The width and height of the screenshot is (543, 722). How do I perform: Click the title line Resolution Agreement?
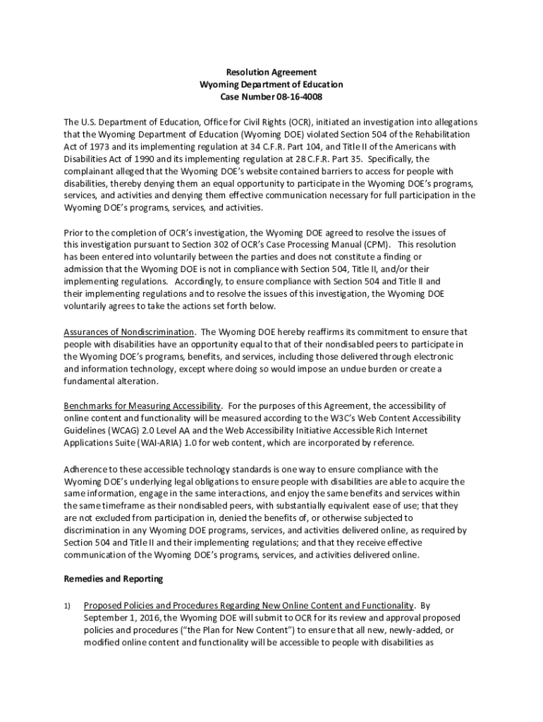click(x=271, y=73)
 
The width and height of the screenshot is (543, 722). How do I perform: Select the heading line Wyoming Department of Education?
click(x=271, y=85)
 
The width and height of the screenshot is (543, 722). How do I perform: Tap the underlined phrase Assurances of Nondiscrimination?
click(x=129, y=332)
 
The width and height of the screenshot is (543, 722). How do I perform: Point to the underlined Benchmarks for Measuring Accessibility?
click(x=143, y=406)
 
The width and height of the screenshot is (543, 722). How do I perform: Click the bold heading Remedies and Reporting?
click(x=114, y=579)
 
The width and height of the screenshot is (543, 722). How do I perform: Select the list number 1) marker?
click(x=68, y=605)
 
